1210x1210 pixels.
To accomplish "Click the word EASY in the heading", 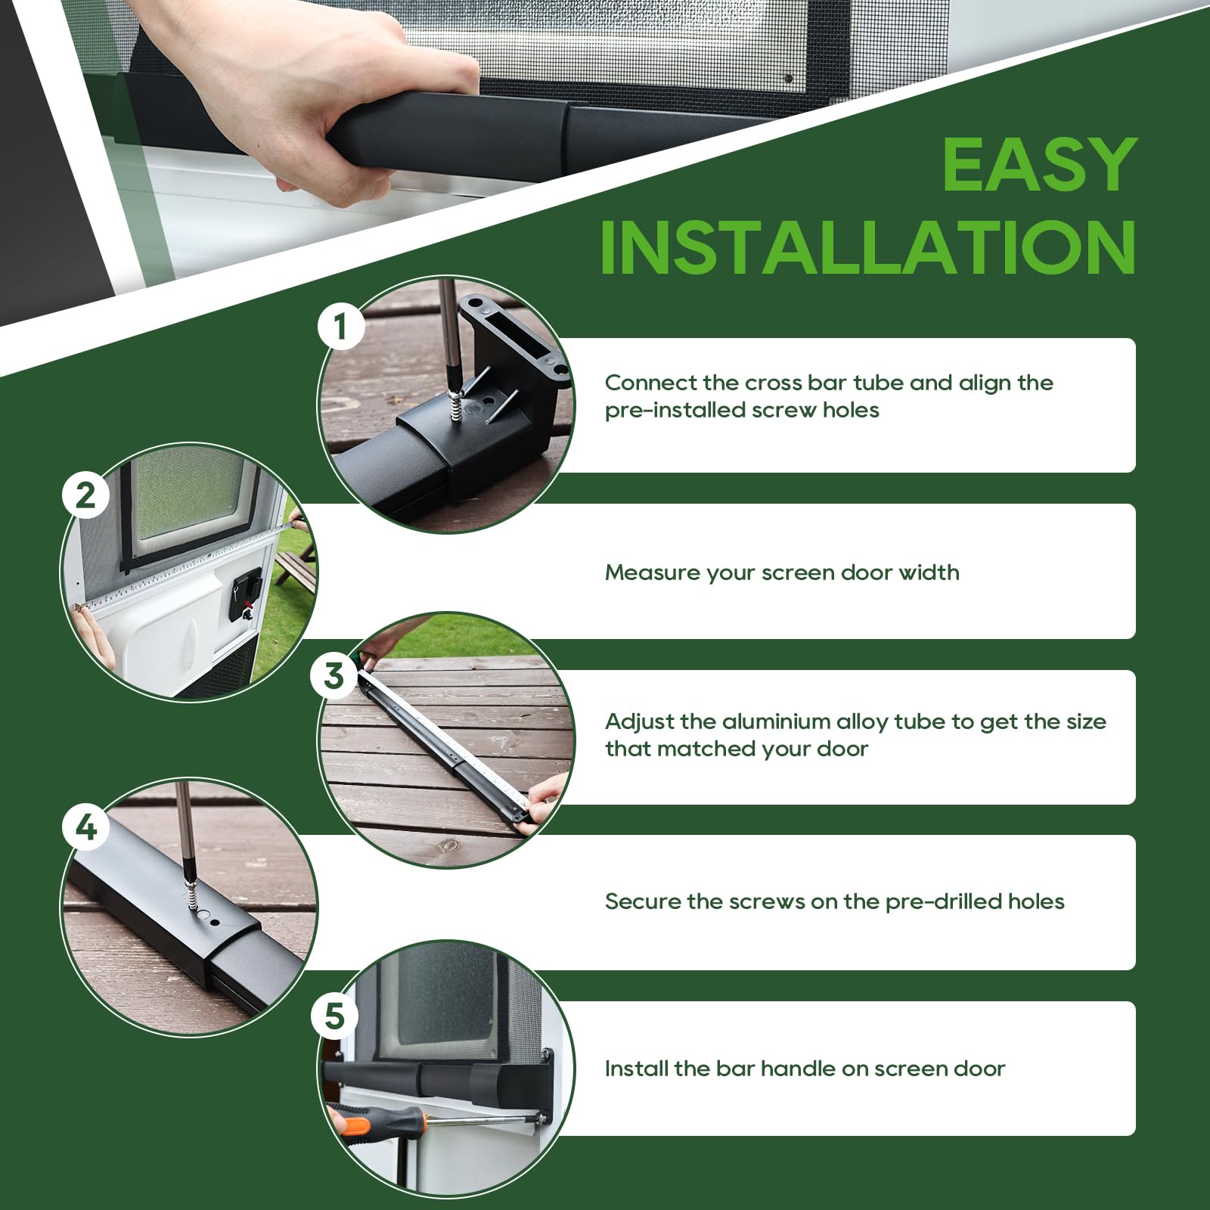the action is point(1039,165).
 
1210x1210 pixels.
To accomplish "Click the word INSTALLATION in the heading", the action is point(868,247).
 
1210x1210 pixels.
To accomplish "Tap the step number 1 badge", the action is point(340,327).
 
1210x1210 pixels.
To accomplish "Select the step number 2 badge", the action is point(85,496).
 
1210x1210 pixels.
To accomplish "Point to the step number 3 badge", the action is point(334,675).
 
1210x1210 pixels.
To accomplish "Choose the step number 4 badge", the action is point(86,827).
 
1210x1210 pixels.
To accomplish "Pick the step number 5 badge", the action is point(334,1016).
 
